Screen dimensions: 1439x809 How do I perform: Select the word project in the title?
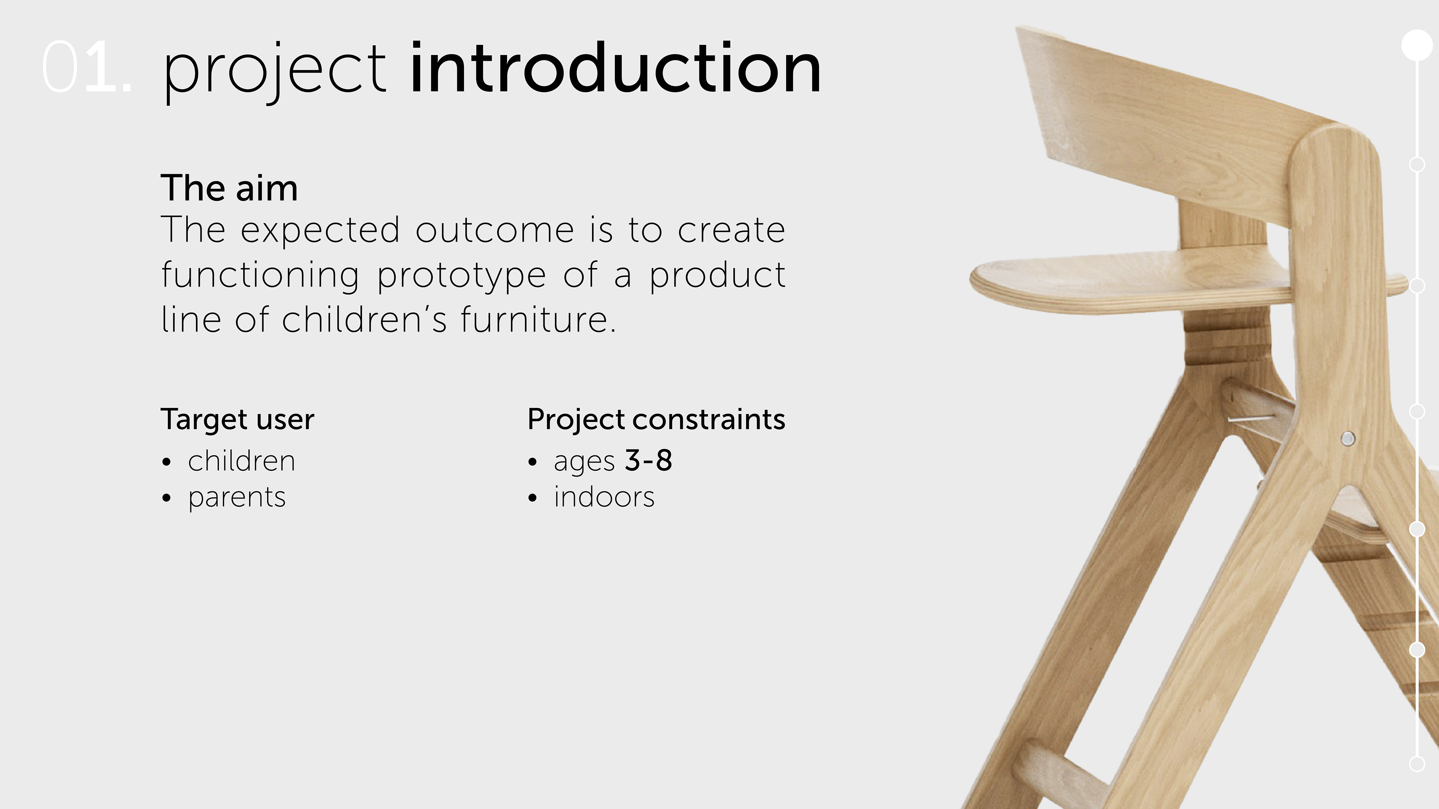tap(274, 73)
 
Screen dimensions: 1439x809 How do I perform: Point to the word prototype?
tap(461, 276)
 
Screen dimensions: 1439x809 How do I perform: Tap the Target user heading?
tap(238, 419)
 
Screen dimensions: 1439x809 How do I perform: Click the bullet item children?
tap(241, 461)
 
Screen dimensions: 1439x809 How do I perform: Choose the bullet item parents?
tap(237, 497)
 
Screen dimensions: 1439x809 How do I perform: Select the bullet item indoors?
tap(604, 496)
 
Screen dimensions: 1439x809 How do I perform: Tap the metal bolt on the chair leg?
tap(1348, 438)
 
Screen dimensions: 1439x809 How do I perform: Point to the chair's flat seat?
tap(1134, 279)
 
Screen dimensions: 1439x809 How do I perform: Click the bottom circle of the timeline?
tap(1417, 764)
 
